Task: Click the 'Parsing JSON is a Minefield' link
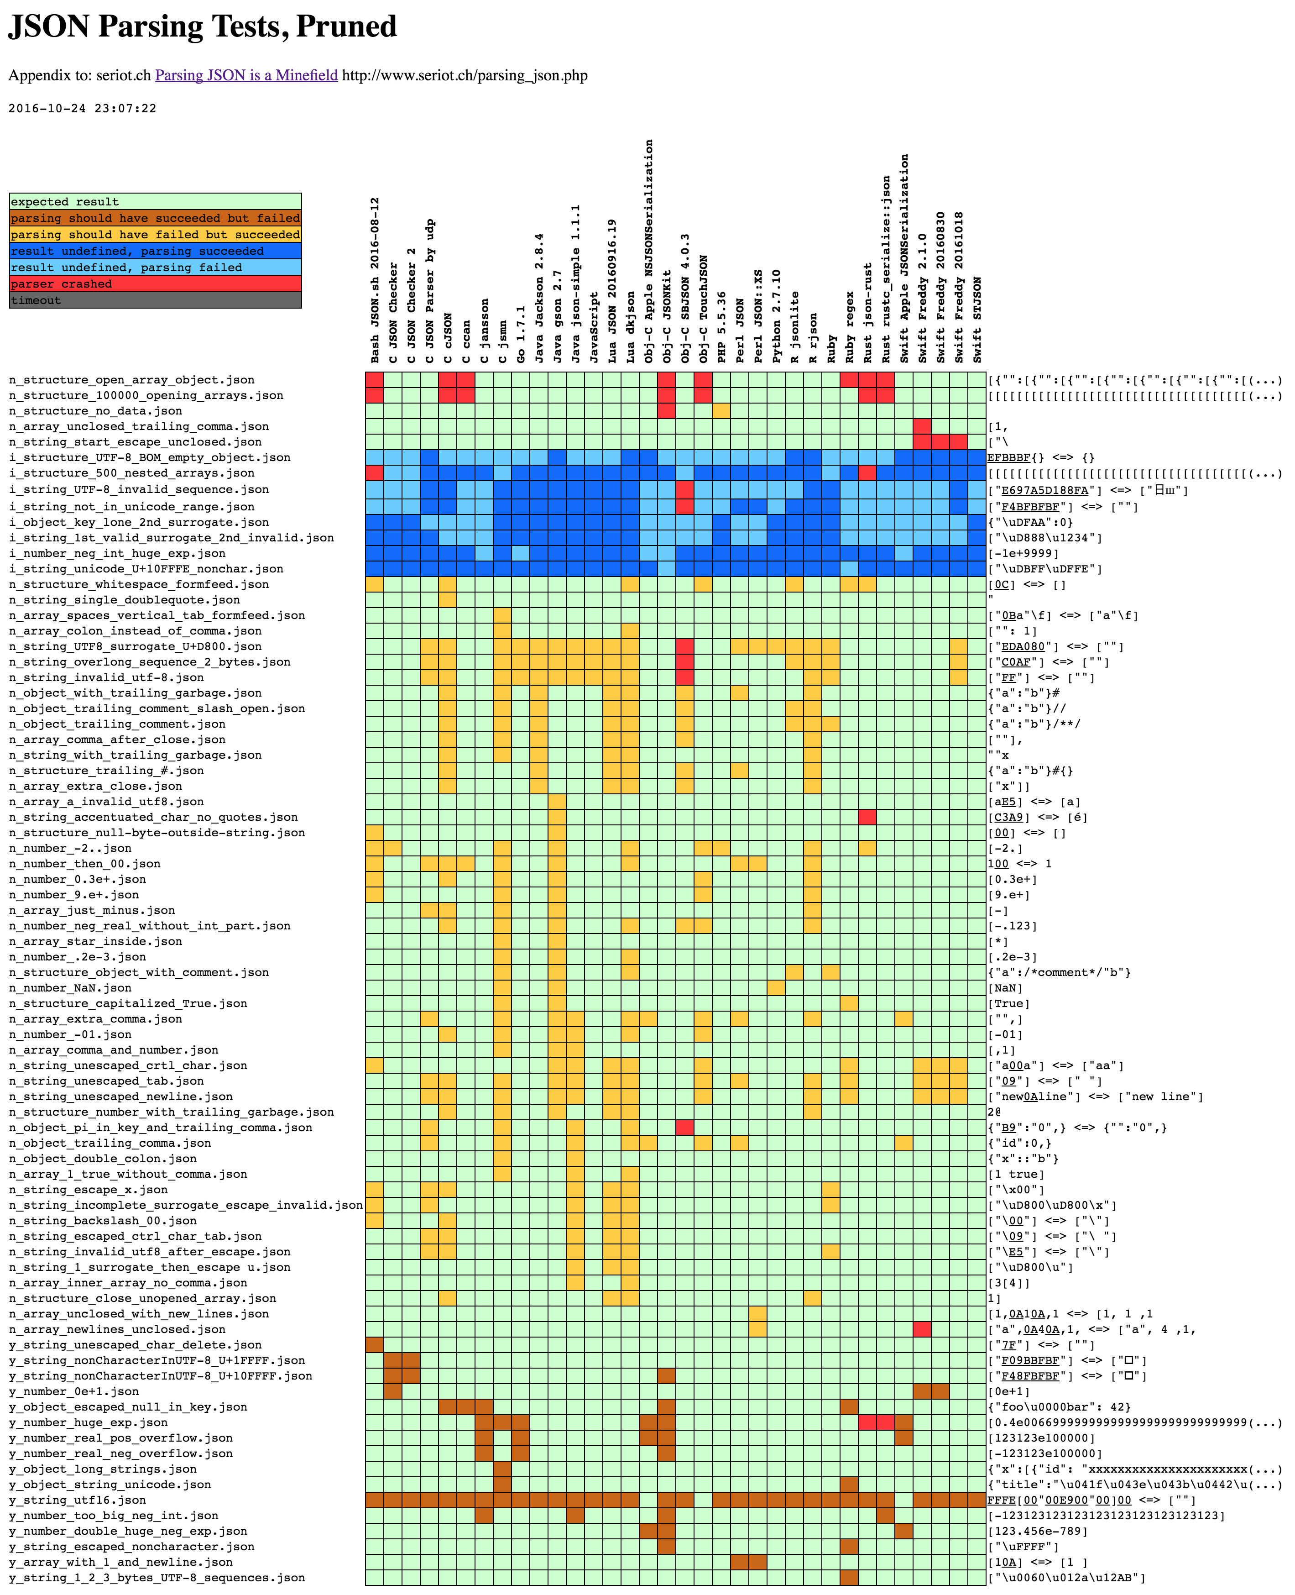click(246, 75)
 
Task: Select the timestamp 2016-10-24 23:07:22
click(82, 108)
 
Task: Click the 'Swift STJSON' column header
click(977, 320)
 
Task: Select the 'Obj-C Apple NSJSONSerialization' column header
click(648, 252)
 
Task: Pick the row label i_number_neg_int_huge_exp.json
click(117, 553)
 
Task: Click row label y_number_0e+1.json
click(74, 1391)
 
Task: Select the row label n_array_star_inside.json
click(95, 941)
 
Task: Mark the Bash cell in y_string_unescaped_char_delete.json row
click(375, 1345)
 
